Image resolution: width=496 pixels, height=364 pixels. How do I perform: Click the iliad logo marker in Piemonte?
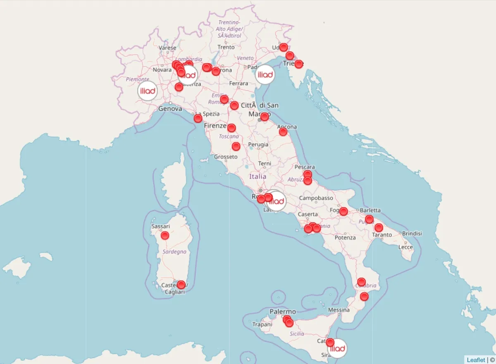148,91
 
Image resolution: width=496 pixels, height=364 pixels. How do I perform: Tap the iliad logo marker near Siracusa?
338,348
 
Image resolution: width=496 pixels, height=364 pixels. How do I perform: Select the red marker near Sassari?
165,235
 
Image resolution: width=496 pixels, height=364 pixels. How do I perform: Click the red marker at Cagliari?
181,285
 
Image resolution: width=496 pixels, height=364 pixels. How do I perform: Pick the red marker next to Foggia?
343,211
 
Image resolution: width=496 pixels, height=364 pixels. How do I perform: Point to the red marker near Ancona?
283,132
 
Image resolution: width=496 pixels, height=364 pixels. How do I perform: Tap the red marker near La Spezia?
198,118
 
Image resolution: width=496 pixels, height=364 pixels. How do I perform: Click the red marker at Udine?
284,47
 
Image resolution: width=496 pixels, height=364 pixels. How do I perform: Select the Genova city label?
170,108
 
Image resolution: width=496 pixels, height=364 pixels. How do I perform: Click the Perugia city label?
258,145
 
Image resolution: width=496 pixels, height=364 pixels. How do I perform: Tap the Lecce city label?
405,247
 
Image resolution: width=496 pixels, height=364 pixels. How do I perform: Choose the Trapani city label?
262,325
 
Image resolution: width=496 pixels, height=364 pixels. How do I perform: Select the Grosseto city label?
226,157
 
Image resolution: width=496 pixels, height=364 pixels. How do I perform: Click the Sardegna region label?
174,251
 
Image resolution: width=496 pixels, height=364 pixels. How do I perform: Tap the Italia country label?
258,176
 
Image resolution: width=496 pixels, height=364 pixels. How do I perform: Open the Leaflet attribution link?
476,360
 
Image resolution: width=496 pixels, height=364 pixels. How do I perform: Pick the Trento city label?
226,47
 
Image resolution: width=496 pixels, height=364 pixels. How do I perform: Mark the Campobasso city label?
316,198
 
